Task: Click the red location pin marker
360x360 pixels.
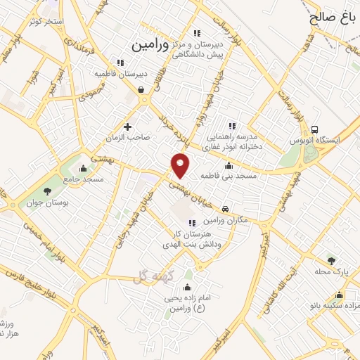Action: pos(181,165)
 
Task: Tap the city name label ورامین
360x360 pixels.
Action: pos(150,44)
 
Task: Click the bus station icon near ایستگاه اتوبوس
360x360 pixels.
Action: pos(315,129)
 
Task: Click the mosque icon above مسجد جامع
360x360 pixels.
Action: pos(84,168)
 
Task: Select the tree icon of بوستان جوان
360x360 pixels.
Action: pos(47,191)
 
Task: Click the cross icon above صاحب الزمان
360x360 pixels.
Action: pos(127,127)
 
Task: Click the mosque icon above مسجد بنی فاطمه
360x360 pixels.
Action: pos(229,166)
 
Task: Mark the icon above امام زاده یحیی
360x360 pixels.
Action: pos(187,288)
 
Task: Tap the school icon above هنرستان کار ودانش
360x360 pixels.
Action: pos(193,223)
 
